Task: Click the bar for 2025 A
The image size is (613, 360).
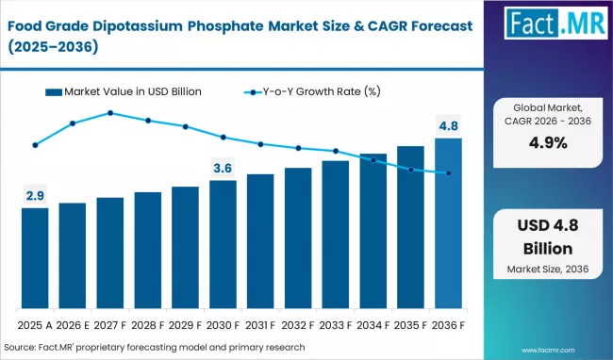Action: pos(35,260)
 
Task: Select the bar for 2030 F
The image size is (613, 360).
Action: pos(223,246)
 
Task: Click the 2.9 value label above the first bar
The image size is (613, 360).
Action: pos(35,196)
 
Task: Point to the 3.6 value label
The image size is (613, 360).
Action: pos(223,168)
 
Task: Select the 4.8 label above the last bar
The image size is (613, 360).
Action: pos(448,125)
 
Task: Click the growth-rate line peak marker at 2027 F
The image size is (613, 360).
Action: pos(110,113)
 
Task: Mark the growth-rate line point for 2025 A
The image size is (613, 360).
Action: pos(35,145)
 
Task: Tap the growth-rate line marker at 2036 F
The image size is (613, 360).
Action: pos(448,173)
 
